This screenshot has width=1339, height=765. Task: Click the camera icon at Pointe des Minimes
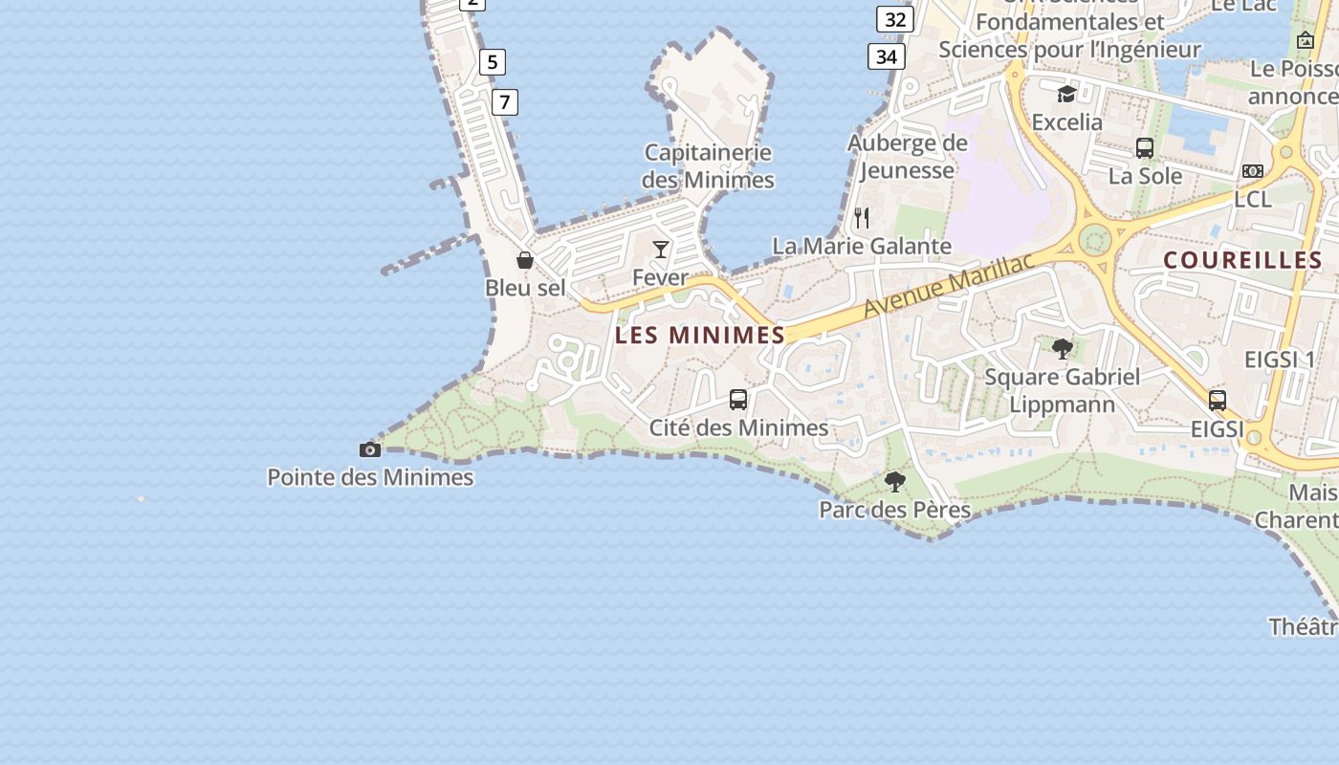tap(370, 449)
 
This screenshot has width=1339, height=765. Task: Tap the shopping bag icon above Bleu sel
tap(525, 260)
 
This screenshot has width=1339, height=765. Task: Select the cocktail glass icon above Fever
tap(661, 250)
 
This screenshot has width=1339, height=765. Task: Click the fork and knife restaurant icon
tap(862, 218)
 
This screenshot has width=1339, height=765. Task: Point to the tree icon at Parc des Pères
tap(895, 481)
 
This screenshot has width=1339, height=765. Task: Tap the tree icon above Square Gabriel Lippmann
tap(1063, 348)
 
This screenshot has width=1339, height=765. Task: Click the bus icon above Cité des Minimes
tap(738, 400)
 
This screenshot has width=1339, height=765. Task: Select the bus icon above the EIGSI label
tap(1218, 400)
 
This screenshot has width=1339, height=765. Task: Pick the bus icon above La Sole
tap(1145, 148)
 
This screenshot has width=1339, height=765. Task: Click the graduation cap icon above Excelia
tap(1066, 94)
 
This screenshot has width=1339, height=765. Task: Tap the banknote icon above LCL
tap(1253, 171)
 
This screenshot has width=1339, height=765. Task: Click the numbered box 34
tap(887, 56)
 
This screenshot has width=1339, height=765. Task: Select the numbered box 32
tap(895, 19)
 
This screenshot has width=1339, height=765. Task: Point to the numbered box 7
tap(505, 101)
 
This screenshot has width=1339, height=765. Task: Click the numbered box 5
tap(493, 62)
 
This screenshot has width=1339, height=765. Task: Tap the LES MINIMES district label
tap(700, 335)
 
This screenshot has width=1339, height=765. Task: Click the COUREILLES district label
tap(1242, 260)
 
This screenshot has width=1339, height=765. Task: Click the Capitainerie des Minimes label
tap(708, 165)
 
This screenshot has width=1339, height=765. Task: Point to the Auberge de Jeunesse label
tap(908, 157)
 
